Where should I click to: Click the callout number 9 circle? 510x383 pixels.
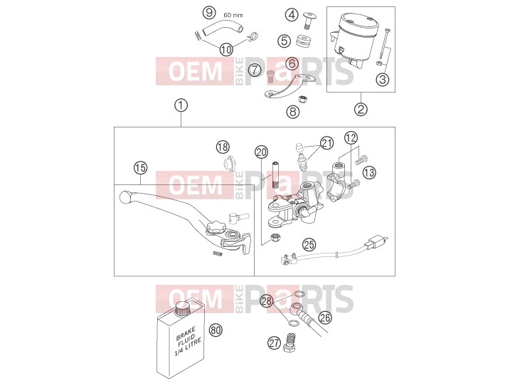coord(209,13)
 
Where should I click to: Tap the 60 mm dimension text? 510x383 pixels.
coord(233,15)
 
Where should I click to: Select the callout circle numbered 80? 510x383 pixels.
coord(216,330)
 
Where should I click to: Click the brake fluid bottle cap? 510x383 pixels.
coord(182,308)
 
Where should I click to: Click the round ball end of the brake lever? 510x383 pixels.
coord(125,197)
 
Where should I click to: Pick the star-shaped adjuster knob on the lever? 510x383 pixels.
coord(213,226)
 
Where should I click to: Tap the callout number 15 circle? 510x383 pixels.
coord(141,168)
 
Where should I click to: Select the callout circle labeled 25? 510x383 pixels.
coord(309,244)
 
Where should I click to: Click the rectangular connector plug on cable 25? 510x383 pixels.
coord(377,241)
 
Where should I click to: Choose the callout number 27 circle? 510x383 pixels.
coord(274,342)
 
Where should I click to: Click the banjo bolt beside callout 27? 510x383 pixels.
coord(289,342)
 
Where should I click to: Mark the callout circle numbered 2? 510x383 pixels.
coord(361,109)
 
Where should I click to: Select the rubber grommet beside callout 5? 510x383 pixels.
coord(304,41)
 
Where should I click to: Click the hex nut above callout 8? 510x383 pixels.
coord(303,98)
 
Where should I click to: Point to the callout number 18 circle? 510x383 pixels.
coord(223,147)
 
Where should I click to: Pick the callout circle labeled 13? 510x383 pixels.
coord(369,172)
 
